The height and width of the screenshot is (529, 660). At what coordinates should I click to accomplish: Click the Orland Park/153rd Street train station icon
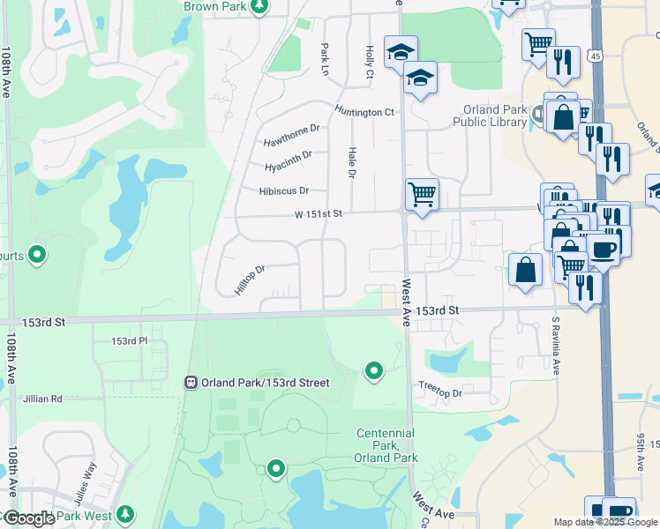[x=190, y=383]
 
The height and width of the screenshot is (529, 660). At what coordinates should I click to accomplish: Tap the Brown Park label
[x=214, y=6]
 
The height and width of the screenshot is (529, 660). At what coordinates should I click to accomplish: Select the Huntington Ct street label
[x=364, y=112]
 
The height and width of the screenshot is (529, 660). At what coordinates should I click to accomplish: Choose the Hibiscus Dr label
[x=284, y=190]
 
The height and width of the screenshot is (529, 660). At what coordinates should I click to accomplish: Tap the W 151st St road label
[x=318, y=213]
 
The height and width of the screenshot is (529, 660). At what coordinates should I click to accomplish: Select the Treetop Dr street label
[x=439, y=393]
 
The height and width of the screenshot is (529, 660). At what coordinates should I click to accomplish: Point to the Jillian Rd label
[x=44, y=399]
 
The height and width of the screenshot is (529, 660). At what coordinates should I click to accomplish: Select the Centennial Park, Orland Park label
[x=386, y=445]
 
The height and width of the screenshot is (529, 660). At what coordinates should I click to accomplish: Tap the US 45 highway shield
[x=599, y=55]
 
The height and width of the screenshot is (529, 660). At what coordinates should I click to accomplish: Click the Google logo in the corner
[x=29, y=518]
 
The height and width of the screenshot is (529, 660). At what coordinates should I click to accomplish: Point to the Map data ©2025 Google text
[x=604, y=522]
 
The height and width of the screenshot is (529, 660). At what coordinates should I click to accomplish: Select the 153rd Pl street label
[x=129, y=341]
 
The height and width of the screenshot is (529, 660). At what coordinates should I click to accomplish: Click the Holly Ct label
[x=370, y=63]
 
